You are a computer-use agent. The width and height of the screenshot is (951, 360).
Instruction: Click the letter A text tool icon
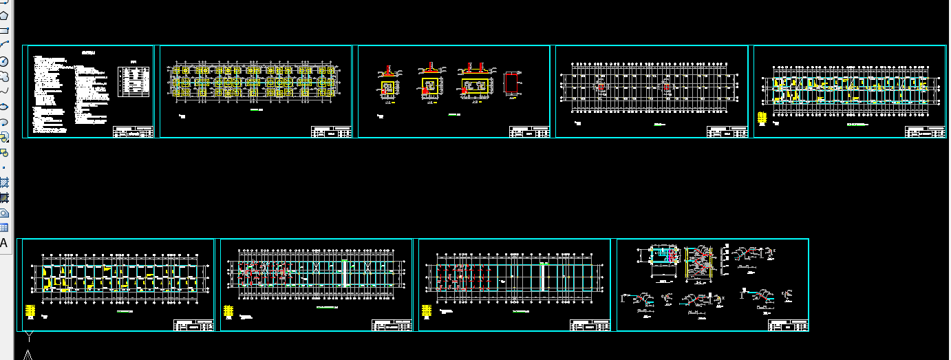click(3, 242)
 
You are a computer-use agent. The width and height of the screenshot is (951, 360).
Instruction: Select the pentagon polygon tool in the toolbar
click(3, 14)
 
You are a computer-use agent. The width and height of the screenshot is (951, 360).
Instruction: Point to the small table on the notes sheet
click(136, 81)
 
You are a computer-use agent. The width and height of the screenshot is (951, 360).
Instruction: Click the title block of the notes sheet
click(133, 131)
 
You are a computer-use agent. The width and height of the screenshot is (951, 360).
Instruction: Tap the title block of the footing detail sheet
click(529, 131)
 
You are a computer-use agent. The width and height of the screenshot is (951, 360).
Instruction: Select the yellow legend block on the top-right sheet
click(761, 117)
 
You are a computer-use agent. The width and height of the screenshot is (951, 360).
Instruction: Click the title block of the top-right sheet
click(926, 131)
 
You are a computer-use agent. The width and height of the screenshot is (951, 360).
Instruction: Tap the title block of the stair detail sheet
click(788, 325)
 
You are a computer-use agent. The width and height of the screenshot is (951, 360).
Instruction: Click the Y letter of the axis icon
click(29, 337)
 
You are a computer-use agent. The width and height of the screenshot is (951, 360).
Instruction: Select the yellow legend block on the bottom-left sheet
click(30, 310)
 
